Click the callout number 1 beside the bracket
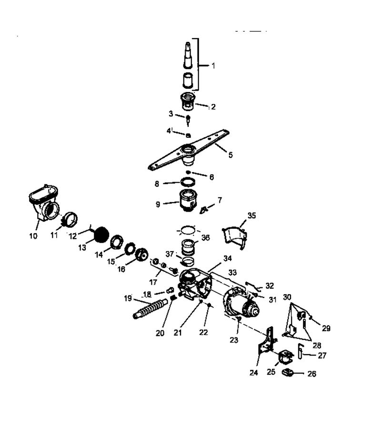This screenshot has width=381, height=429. point(213,66)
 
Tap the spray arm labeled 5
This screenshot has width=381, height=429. point(189,151)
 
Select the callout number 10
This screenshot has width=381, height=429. point(33,236)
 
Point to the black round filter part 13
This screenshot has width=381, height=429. point(101,235)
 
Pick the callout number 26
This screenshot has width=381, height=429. point(312,374)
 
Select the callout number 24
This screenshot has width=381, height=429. point(254,373)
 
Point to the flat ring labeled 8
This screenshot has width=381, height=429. point(188,182)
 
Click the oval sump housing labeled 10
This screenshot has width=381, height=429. point(44,203)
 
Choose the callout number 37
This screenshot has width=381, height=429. point(170,254)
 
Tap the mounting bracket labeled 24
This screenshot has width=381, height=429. point(267,341)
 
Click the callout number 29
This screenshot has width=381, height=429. point(326,328)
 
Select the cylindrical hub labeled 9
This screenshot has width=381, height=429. point(188,201)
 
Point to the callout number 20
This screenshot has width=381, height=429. point(160,333)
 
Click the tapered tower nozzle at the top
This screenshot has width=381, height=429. point(188,55)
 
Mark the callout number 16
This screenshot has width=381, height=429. point(121,269)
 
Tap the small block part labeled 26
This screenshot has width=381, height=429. point(288,372)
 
